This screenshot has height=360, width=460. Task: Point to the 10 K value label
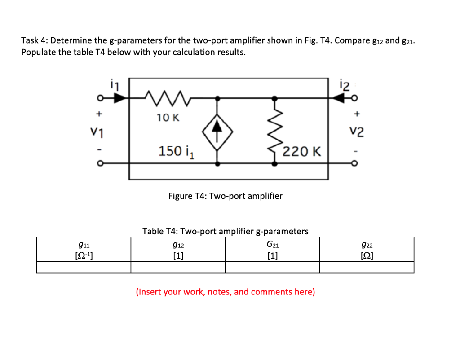tap(168, 118)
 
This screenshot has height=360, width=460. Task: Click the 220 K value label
tap(301, 151)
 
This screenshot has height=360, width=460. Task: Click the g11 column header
tap(84, 250)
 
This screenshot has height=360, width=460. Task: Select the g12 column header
tap(178, 250)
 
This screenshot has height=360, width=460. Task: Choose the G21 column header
tap(272, 250)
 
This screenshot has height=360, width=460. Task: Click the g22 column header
tap(367, 250)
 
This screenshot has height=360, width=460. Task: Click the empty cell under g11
tap(84, 268)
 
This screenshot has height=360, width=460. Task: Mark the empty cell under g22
tap(367, 268)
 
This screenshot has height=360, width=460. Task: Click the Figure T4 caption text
tap(225, 196)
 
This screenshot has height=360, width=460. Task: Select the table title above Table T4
tap(225, 231)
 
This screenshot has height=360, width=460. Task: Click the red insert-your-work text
tap(225, 292)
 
